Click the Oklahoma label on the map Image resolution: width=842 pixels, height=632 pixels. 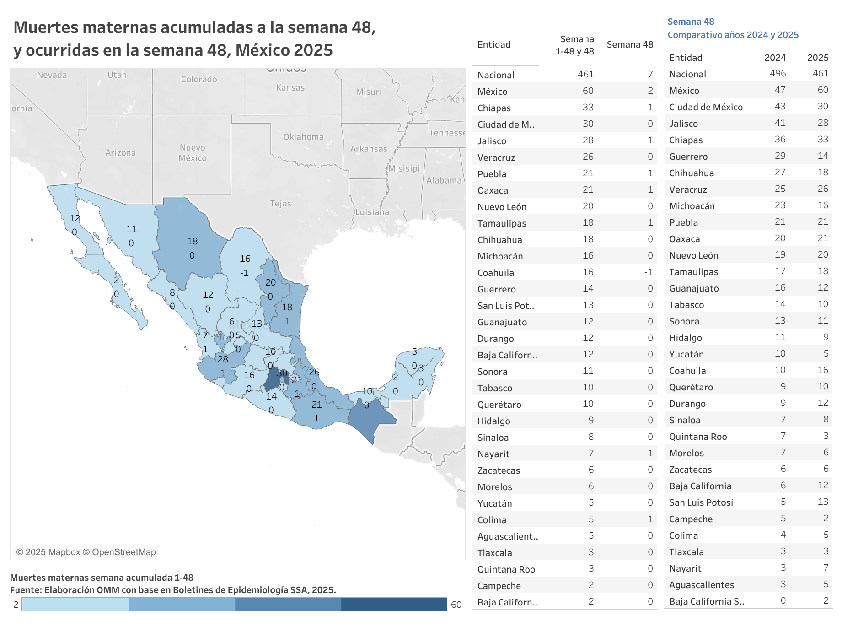(303, 137)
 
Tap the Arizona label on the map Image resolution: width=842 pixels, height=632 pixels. (120, 153)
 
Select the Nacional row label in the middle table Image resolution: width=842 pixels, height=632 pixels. (496, 75)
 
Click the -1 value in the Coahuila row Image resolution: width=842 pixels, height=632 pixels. (648, 272)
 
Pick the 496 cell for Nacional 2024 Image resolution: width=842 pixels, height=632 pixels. (778, 74)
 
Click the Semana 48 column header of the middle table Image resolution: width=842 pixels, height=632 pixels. (630, 44)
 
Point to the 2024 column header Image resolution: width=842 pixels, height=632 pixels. (775, 58)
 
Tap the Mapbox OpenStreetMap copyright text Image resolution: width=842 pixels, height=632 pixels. (86, 552)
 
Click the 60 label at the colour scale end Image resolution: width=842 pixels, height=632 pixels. (456, 605)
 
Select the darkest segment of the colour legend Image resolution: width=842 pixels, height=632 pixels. (393, 604)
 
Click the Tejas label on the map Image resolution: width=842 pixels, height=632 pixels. (280, 204)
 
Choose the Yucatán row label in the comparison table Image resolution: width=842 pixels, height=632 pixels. (686, 354)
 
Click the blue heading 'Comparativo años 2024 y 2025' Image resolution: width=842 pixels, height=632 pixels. (733, 35)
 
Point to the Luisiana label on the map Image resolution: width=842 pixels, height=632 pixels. (372, 212)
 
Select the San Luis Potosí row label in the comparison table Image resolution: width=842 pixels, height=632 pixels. (701, 502)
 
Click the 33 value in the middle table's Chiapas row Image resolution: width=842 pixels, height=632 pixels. (588, 108)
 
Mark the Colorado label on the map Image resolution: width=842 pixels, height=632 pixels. (199, 79)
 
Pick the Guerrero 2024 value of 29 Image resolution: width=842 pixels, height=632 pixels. (780, 156)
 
